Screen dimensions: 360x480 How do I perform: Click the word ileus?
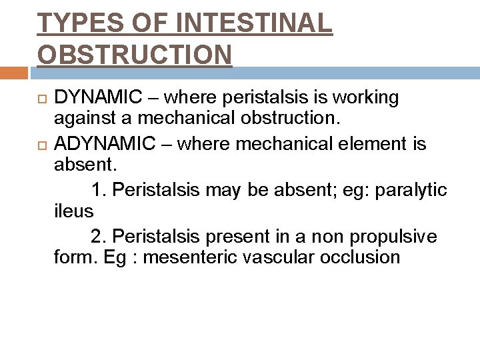(x=74, y=211)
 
